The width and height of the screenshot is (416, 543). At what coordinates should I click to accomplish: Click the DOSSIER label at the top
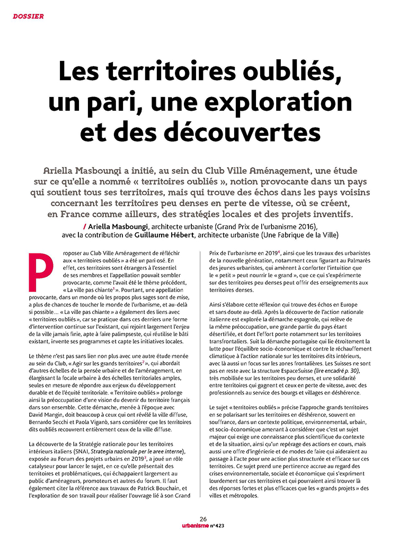(28, 16)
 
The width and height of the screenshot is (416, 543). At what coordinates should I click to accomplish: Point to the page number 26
(203, 519)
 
